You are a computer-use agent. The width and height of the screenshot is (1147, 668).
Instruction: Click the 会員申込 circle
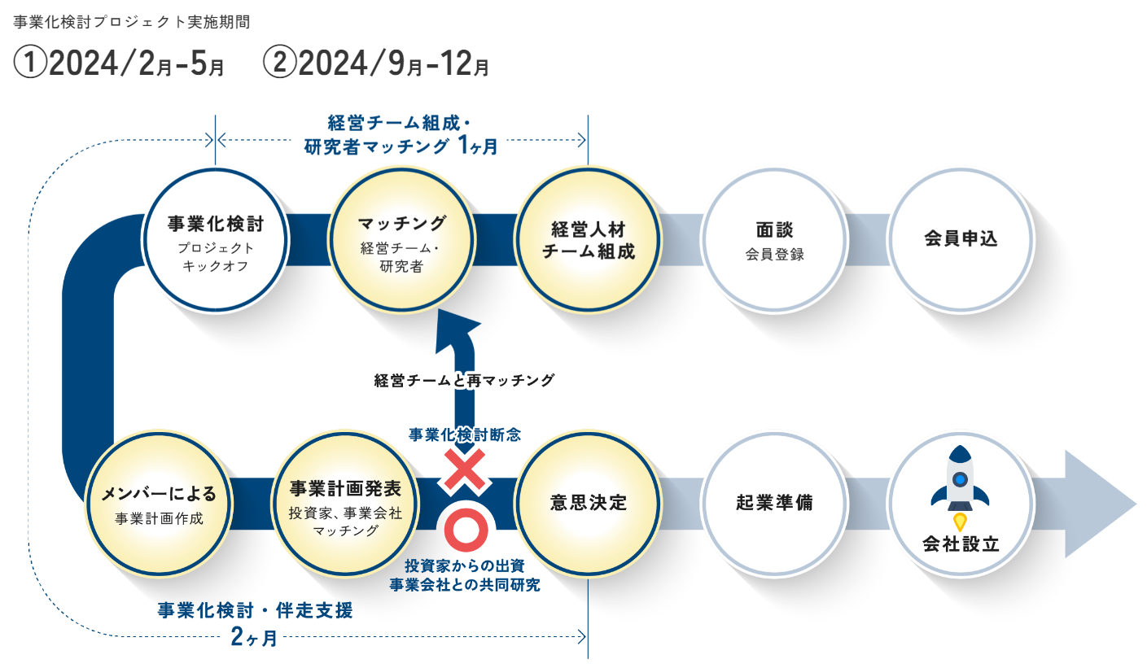[x=961, y=240]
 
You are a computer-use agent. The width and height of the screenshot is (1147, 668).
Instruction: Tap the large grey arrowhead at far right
[x=1099, y=504]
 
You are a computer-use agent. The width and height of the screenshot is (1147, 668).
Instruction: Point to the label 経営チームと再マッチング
[x=464, y=380]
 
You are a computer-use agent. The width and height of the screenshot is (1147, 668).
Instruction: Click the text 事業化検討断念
[x=464, y=434]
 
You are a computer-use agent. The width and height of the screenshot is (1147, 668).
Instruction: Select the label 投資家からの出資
[x=464, y=566]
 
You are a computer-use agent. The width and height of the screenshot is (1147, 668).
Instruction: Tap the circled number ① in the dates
[x=30, y=64]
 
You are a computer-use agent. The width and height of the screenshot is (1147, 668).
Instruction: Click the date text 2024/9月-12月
[x=391, y=64]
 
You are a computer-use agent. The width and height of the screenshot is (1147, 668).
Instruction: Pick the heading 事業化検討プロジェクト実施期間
[x=132, y=22]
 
